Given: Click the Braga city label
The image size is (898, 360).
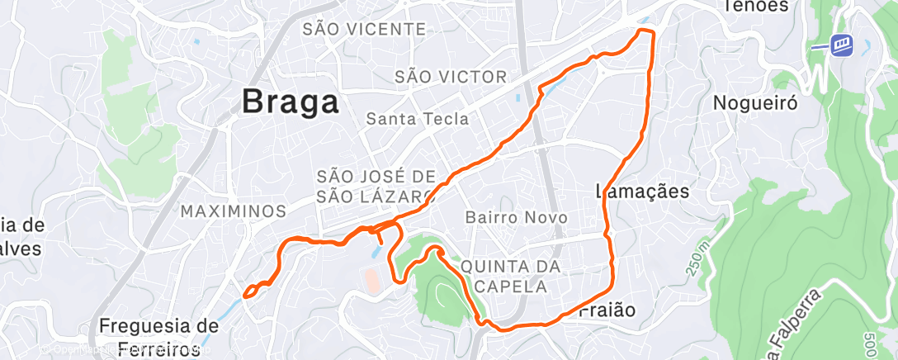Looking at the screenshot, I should [291, 102].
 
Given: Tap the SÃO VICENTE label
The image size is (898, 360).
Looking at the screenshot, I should [364, 30].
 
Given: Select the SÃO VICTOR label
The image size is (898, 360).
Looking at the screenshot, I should [451, 77].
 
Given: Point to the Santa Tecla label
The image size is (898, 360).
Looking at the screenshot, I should [418, 119].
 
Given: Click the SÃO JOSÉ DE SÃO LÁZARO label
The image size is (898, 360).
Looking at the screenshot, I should [376, 186].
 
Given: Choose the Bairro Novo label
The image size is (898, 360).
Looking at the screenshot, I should [516, 218].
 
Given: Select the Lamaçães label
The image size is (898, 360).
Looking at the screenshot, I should [642, 192].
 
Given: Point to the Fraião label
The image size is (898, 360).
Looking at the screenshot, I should [607, 310].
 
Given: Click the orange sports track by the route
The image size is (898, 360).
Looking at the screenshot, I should [372, 280].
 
